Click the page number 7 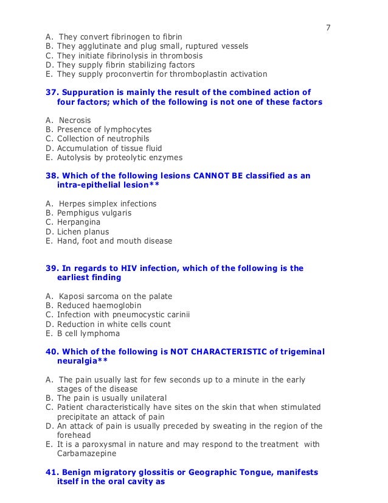328,27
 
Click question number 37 52,92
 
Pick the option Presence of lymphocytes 104,129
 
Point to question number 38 52,175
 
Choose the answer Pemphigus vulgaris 94,213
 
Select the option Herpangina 79,222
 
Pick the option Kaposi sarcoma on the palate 115,296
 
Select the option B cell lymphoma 88,333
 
